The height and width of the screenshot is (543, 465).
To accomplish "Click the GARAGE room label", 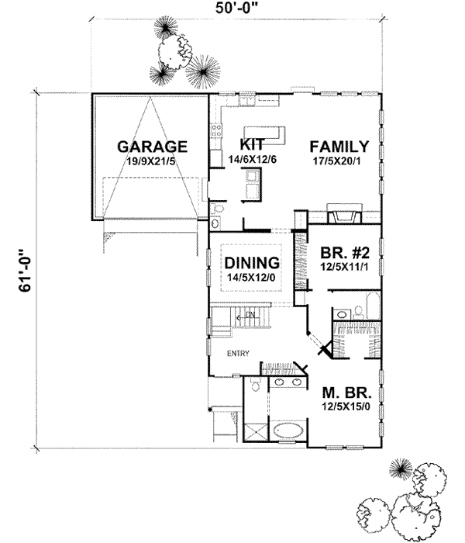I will pyautogui.click(x=153, y=145).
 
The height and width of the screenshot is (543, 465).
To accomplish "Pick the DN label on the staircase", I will pyautogui.click(x=250, y=314).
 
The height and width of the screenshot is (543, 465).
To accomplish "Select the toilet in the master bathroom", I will pyautogui.click(x=255, y=386).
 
